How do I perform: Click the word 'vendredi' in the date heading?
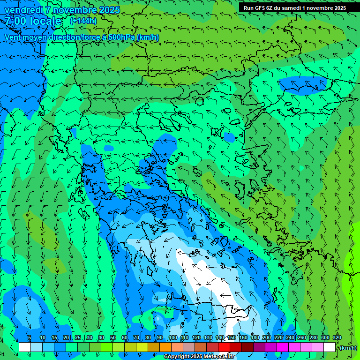pos(23,10)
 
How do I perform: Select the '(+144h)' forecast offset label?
pos(83,21)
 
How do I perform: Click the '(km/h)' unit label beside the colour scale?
pos(348,348)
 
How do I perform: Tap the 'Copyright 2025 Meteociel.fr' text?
pos(198,357)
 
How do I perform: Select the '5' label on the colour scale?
pos(29,337)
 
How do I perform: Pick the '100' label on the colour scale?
pos(173,337)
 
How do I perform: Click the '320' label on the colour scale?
pos(337,337)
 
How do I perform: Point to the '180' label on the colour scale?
pos(255,337)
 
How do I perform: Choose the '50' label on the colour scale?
pos(113,337)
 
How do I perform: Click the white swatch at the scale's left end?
pos(25,347)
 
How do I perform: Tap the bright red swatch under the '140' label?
pos(224,347)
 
